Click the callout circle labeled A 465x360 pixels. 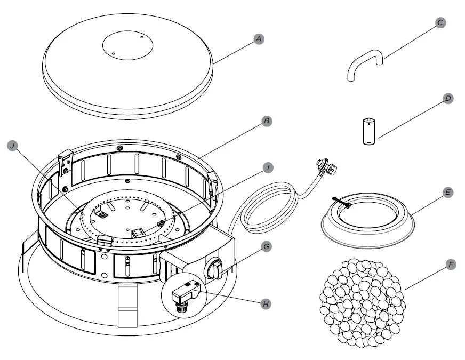pyautogui.click(x=258, y=38)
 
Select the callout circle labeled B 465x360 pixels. pyautogui.click(x=267, y=122)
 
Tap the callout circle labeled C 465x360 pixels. pyautogui.click(x=440, y=22)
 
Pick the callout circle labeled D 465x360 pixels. pyautogui.click(x=448, y=99)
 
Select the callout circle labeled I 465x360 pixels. pyautogui.click(x=270, y=167)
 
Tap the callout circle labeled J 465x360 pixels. pyautogui.click(x=11, y=145)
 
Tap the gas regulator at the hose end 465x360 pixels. pyautogui.click(x=326, y=166)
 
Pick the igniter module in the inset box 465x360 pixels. pyautogui.click(x=185, y=292)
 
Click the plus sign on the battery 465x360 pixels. pyautogui.click(x=369, y=124)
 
